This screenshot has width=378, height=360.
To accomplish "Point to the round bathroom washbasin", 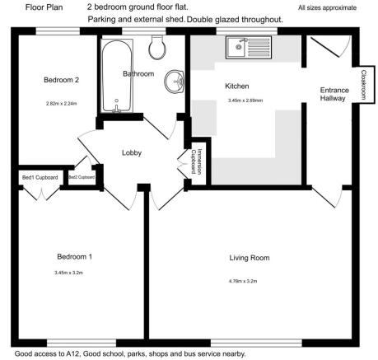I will [x=174, y=82].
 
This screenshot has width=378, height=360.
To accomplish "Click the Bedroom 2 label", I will [x=61, y=80].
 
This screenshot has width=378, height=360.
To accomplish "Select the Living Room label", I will [x=250, y=258].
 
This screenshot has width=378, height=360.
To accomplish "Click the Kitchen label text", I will [x=238, y=85].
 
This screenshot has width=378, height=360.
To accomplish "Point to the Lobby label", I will [x=133, y=152].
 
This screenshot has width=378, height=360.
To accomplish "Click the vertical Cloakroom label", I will [x=363, y=85].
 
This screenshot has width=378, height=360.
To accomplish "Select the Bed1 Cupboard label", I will [x=40, y=176].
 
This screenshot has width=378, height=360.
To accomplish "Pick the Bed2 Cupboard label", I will [x=82, y=176].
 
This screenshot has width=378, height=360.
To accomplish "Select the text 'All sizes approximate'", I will [x=327, y=7].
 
